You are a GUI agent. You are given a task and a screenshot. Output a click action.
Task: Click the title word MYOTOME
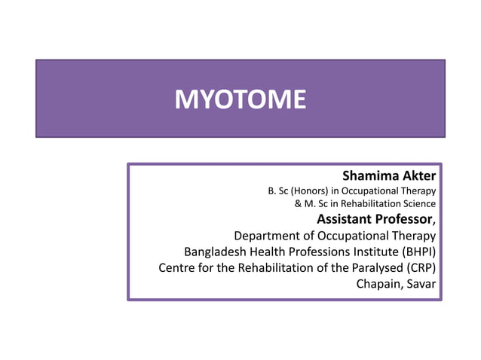tap(240, 99)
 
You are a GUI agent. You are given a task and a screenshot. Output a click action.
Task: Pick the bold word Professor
tap(403, 220)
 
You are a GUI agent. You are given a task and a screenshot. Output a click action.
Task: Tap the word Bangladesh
tap(214, 252)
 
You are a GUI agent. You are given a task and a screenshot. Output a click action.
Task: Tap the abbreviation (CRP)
tap(421, 267)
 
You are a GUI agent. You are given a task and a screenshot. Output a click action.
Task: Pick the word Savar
tap(421, 283)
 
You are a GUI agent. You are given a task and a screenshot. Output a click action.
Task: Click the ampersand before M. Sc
tap(298, 203)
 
